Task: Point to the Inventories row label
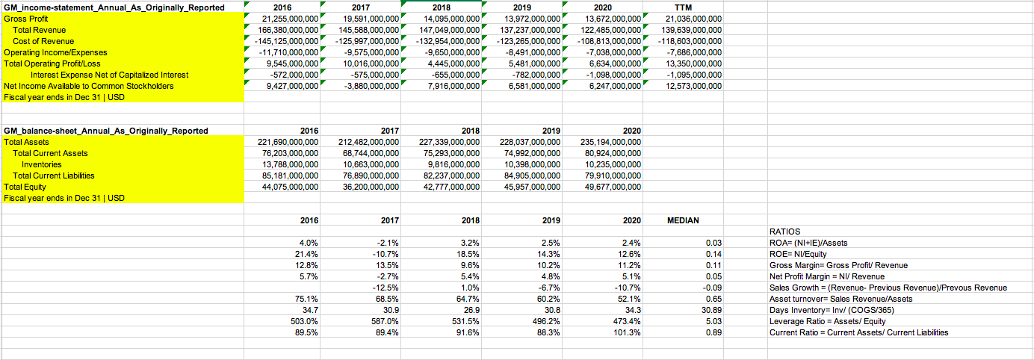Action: pyautogui.click(x=41, y=164)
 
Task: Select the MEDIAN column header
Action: pyautogui.click(x=683, y=220)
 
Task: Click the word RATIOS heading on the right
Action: pyautogui.click(x=784, y=232)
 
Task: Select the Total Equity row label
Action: pyautogui.click(x=25, y=187)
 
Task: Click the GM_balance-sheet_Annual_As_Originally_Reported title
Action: pyautogui.click(x=106, y=131)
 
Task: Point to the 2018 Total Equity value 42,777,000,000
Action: pyautogui.click(x=449, y=187)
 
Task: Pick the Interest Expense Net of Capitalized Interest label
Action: pyautogui.click(x=109, y=75)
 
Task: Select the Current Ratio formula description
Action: pyautogui.click(x=858, y=332)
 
